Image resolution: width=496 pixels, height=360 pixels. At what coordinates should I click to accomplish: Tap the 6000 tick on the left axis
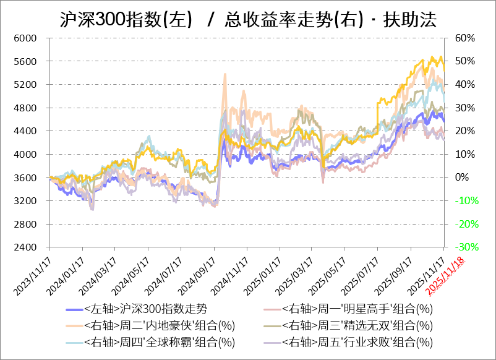pos(26,38)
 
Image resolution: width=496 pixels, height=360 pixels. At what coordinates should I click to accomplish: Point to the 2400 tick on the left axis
pos(26,247)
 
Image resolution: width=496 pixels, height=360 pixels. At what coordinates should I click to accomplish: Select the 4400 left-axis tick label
pos(26,131)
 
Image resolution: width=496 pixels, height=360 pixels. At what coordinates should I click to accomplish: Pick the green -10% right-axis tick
pos(464,201)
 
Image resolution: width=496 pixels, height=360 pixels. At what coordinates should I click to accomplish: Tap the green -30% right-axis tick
pos(464,247)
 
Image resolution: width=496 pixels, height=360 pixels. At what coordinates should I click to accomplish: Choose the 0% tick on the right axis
pos(461,178)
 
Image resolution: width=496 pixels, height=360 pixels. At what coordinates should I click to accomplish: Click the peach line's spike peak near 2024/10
pos(224,74)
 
